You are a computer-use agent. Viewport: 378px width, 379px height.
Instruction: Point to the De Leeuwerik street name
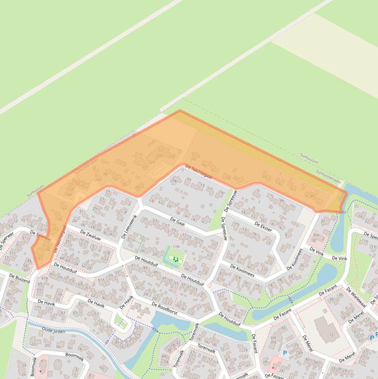[x=129, y=227]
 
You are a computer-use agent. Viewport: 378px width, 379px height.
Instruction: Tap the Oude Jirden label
[x=54, y=330]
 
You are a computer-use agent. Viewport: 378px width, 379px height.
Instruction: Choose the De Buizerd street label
[x=19, y=278]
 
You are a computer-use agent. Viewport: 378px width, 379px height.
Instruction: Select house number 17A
[x=173, y=181]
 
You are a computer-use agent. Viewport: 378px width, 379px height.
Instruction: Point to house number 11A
[x=175, y=253]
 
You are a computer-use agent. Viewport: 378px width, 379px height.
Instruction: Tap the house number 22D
[x=159, y=156]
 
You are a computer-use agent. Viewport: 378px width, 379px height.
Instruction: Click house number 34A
[x=98, y=180]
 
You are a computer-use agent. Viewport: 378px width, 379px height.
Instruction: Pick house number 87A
[x=45, y=279]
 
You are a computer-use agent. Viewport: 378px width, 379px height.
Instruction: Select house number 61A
[x=101, y=280]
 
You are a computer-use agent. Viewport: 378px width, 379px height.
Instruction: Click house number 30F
[x=273, y=338]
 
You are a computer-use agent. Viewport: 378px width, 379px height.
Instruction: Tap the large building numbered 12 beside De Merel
[x=331, y=335]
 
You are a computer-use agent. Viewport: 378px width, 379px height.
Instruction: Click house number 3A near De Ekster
[x=281, y=200]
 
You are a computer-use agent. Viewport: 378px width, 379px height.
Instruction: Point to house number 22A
[x=172, y=156]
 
